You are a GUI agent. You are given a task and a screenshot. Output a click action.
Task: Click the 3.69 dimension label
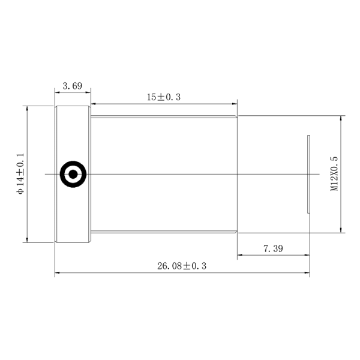click(x=73, y=86)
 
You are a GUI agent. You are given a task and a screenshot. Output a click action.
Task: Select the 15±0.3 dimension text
click(x=164, y=97)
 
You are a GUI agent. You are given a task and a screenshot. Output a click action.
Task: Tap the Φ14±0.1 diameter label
click(x=20, y=174)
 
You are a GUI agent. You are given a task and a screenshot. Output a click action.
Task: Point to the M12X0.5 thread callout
click(x=334, y=173)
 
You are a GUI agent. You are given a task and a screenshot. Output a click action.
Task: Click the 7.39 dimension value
click(x=273, y=248)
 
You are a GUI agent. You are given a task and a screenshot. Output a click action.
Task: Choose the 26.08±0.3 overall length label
click(x=182, y=266)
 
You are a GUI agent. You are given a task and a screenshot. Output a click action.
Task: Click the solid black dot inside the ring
click(x=73, y=174)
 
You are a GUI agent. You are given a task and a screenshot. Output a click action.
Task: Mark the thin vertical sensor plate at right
click(x=308, y=174)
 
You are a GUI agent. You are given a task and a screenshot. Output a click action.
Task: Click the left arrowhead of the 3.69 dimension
click(x=58, y=92)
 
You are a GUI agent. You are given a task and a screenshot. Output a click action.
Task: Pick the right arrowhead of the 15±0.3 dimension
click(x=235, y=104)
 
